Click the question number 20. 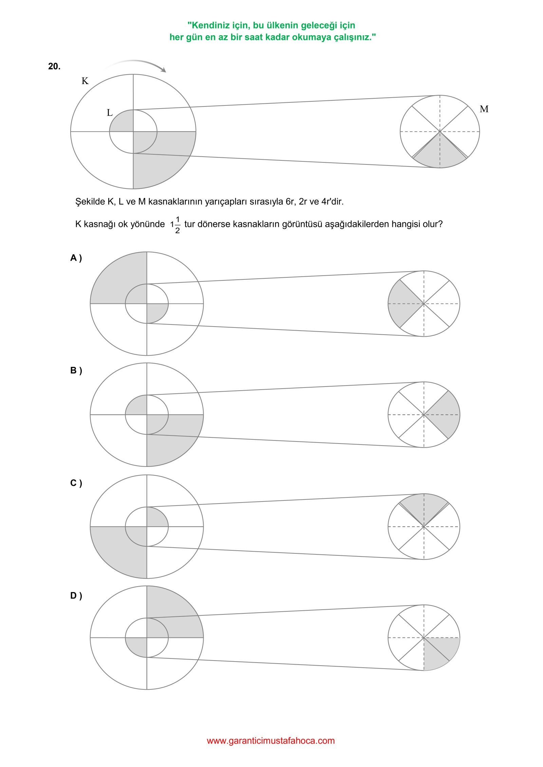pos(54,66)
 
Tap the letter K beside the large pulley pos(85,81)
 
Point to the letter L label pos(110,113)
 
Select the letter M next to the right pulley pos(484,109)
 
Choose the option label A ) pos(76,258)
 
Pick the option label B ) pos(76,371)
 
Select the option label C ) pos(76,483)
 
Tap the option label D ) pos(76,595)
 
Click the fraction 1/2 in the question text pos(177,225)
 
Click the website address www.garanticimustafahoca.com pos(271,741)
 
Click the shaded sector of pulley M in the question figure pos(440,154)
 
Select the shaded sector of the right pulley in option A pos(402,303)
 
